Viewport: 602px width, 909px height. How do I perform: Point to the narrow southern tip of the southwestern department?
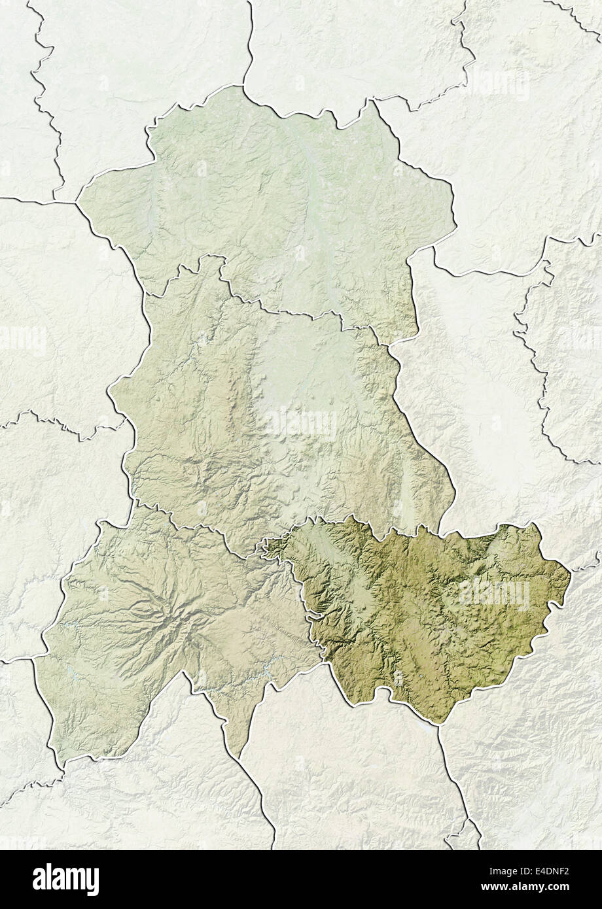239,759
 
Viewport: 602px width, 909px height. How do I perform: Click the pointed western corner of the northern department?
77,203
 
